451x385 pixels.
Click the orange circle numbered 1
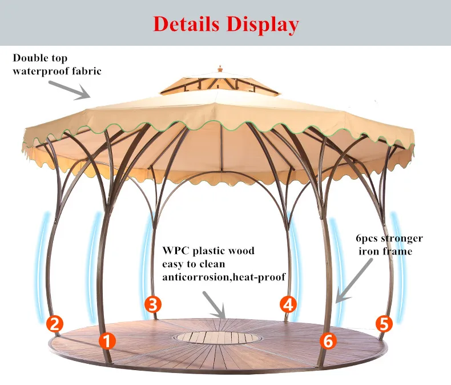[x=107, y=342]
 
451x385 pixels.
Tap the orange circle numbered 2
[x=54, y=324]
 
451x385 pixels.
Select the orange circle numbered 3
[x=152, y=304]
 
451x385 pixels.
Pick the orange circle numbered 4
[x=288, y=304]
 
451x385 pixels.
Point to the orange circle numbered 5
[x=385, y=324]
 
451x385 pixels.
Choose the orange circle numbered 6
[x=327, y=342]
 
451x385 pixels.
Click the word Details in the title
[x=187, y=25]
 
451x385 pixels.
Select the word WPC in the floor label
[x=176, y=251]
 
